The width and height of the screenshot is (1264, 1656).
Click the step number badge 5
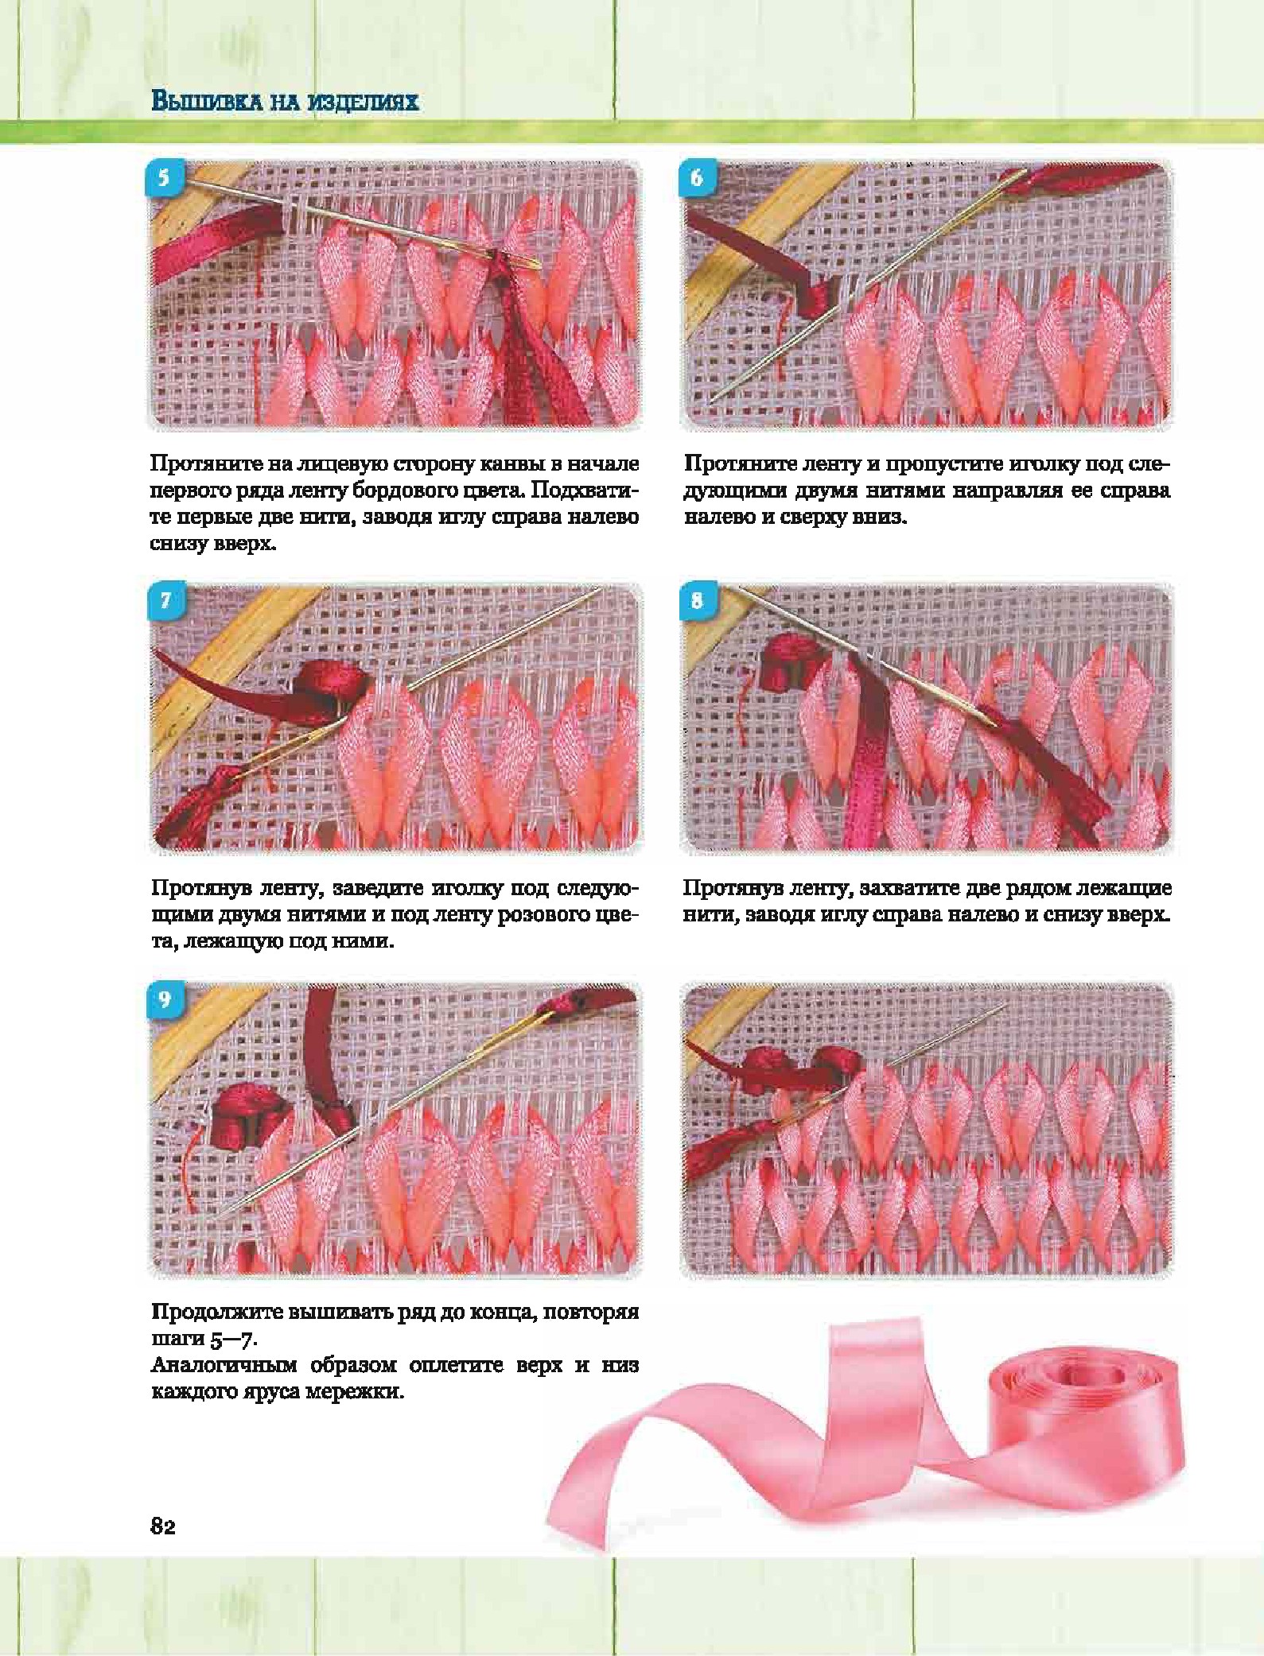[164, 177]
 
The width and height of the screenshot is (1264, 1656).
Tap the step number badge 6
[697, 177]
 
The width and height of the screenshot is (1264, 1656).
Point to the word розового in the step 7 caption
[549, 914]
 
